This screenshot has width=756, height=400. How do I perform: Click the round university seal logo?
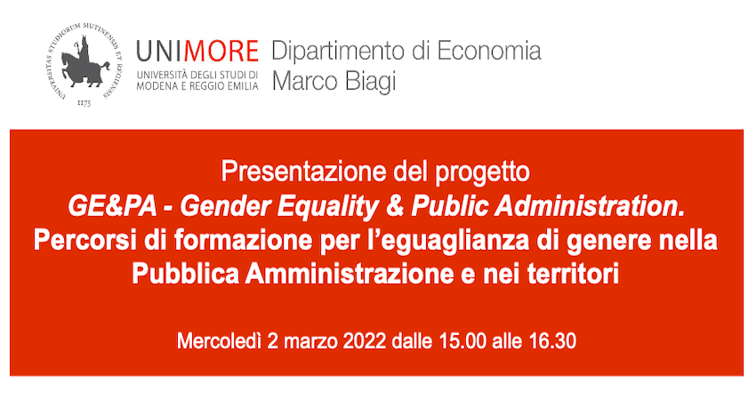click(84, 64)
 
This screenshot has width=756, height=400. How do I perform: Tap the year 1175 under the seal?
click(84, 102)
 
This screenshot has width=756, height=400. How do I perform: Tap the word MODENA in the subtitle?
click(154, 87)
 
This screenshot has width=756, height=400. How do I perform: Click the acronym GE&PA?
click(112, 207)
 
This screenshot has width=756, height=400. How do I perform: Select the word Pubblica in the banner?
click(185, 274)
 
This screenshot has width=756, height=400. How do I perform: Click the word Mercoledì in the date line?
click(220, 341)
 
